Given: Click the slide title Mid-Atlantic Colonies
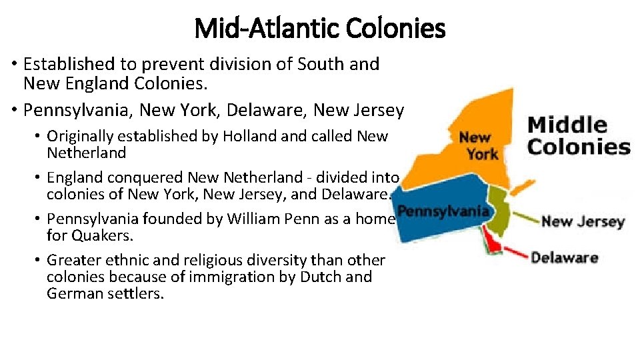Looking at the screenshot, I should (320, 29).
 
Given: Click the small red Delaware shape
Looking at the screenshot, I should (494, 244).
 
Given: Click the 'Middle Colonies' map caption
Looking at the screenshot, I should (577, 135).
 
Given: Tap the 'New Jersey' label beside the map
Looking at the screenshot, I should (582, 221).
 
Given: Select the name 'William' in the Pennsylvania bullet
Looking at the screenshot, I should (248, 219).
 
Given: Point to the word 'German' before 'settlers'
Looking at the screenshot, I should (73, 293).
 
